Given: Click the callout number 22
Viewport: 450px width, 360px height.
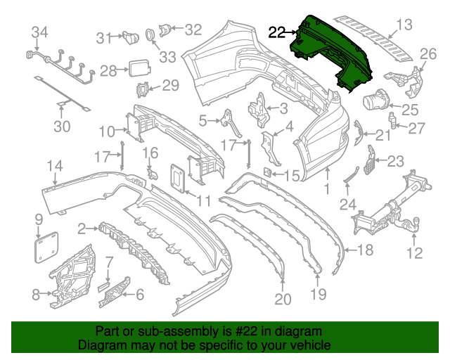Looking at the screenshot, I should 277,32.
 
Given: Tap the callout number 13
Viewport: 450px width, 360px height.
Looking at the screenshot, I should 404,26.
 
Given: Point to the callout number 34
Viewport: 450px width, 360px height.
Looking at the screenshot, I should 40,32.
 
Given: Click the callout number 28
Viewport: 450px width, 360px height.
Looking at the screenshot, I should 108,70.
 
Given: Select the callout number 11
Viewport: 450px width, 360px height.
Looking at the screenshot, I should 203,201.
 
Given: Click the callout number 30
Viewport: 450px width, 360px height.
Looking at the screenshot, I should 63,127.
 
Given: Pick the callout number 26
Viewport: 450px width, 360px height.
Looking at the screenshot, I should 428,54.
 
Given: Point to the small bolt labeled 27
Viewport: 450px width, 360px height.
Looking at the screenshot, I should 396,126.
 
